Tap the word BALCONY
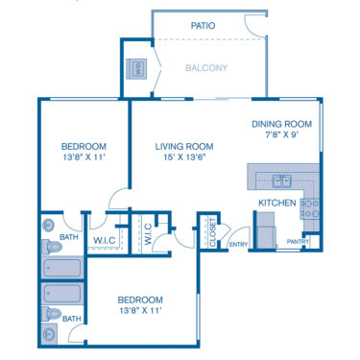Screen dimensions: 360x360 click(206, 68)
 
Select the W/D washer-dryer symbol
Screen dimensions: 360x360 click(136, 69)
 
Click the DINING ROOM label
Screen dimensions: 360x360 click(281, 124)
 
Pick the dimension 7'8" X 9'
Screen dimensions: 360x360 click(281, 135)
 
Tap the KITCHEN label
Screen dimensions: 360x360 click(276, 204)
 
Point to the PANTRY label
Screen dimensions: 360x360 click(297, 242)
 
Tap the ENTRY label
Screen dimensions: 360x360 click(238, 245)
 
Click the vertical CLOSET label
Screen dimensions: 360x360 click(212, 232)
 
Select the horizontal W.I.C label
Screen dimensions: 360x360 click(104, 240)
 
